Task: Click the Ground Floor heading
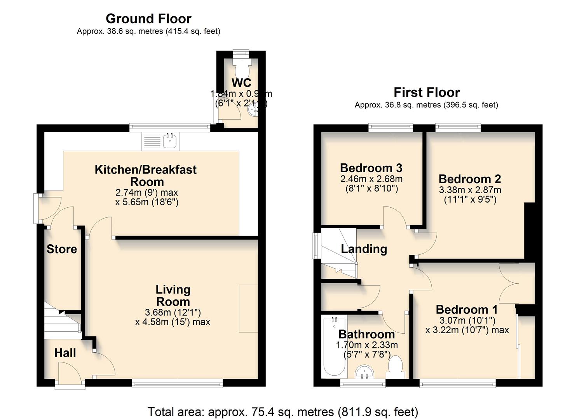(x=148, y=19)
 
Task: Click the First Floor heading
(x=427, y=92)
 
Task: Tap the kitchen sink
(x=170, y=141)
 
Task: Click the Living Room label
(x=173, y=295)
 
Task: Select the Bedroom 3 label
(x=371, y=168)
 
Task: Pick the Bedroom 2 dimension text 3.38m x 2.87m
(x=470, y=190)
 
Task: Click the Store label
(x=62, y=249)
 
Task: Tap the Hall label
(x=65, y=353)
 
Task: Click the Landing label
(x=364, y=249)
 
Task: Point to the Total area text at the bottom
(x=283, y=411)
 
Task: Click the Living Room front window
(x=178, y=384)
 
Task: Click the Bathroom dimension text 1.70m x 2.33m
(x=367, y=345)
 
